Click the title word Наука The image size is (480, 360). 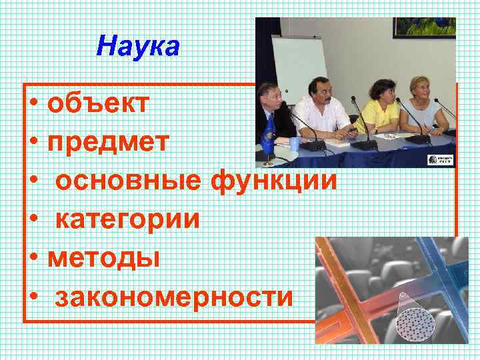click(138, 47)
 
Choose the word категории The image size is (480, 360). click(127, 219)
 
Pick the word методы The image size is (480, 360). click(104, 257)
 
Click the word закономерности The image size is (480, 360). click(174, 296)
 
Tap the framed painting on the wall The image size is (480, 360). click(423, 27)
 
